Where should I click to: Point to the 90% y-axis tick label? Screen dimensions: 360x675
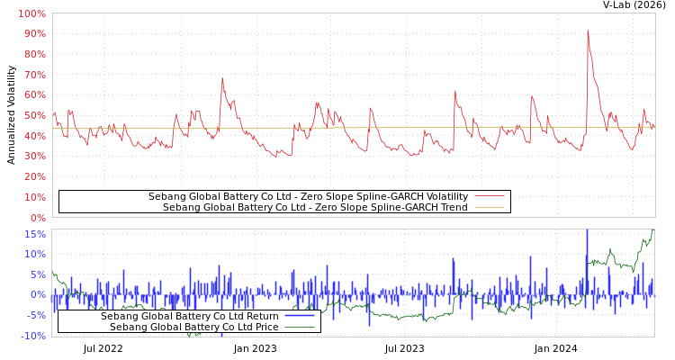tap(34, 34)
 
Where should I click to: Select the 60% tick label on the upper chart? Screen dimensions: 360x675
tap(34, 95)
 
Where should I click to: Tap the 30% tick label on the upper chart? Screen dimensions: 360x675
tap(34, 157)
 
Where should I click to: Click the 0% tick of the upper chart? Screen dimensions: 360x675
tap(38, 218)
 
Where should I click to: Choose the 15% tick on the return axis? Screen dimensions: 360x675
tap(34, 234)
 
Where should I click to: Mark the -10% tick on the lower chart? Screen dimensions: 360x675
tap(32, 337)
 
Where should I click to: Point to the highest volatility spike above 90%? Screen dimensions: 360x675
tap(588, 31)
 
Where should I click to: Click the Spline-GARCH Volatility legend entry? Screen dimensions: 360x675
tap(308, 196)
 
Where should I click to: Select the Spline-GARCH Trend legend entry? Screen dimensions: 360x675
tap(315, 208)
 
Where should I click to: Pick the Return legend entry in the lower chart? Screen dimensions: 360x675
tap(190, 316)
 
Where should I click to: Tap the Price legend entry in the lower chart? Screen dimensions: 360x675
tap(194, 327)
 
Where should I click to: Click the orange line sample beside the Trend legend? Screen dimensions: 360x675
tap(489, 208)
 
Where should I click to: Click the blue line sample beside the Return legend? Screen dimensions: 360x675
tap(299, 316)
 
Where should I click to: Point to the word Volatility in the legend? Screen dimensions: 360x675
tap(441, 196)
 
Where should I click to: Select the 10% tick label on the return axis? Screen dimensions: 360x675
tap(34, 255)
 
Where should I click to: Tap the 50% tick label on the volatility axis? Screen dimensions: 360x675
tap(34, 116)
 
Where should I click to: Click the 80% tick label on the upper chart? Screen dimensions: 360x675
tap(34, 55)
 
